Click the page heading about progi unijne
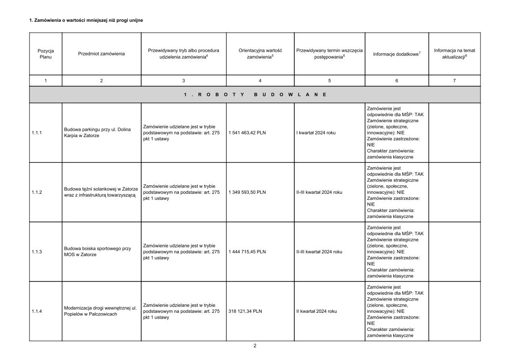coord(86,20)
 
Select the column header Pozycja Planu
coord(45,54)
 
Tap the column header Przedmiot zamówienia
coord(101,54)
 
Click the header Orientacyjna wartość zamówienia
coord(260,54)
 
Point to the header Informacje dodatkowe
coord(396,54)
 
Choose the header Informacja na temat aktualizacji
coord(454,54)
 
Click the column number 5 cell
coord(329,80)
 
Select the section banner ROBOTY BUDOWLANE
coord(255,94)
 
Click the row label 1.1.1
coord(37,133)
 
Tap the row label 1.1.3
coord(37,252)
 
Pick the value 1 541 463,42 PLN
coord(247,133)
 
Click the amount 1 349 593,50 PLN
coord(247,192)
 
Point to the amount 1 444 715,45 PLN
coord(247,252)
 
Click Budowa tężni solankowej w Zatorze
coord(101,192)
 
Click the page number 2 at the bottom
coord(255,345)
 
